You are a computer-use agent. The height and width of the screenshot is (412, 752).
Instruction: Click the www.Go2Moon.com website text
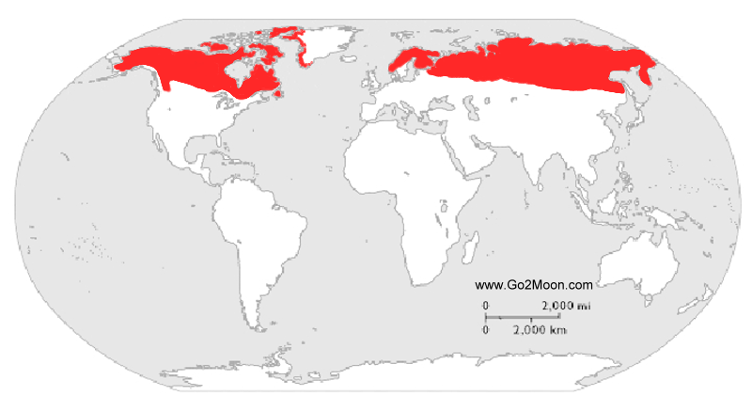(x=534, y=284)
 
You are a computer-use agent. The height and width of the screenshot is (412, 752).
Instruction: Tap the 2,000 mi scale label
(x=565, y=306)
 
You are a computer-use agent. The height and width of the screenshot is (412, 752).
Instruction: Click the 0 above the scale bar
(x=486, y=306)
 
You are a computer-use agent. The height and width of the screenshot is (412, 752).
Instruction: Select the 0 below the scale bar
(x=486, y=330)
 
